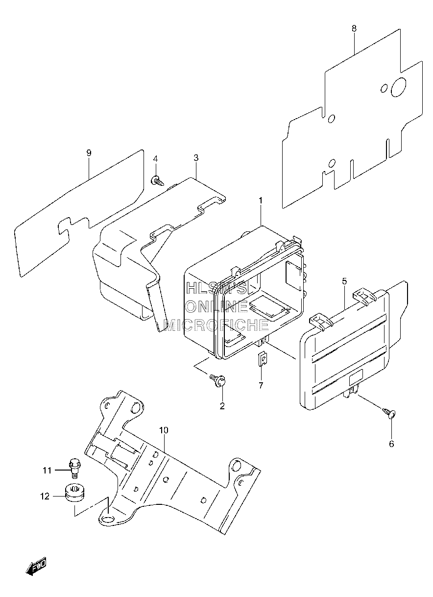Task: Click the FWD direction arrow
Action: [x=36, y=572]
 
